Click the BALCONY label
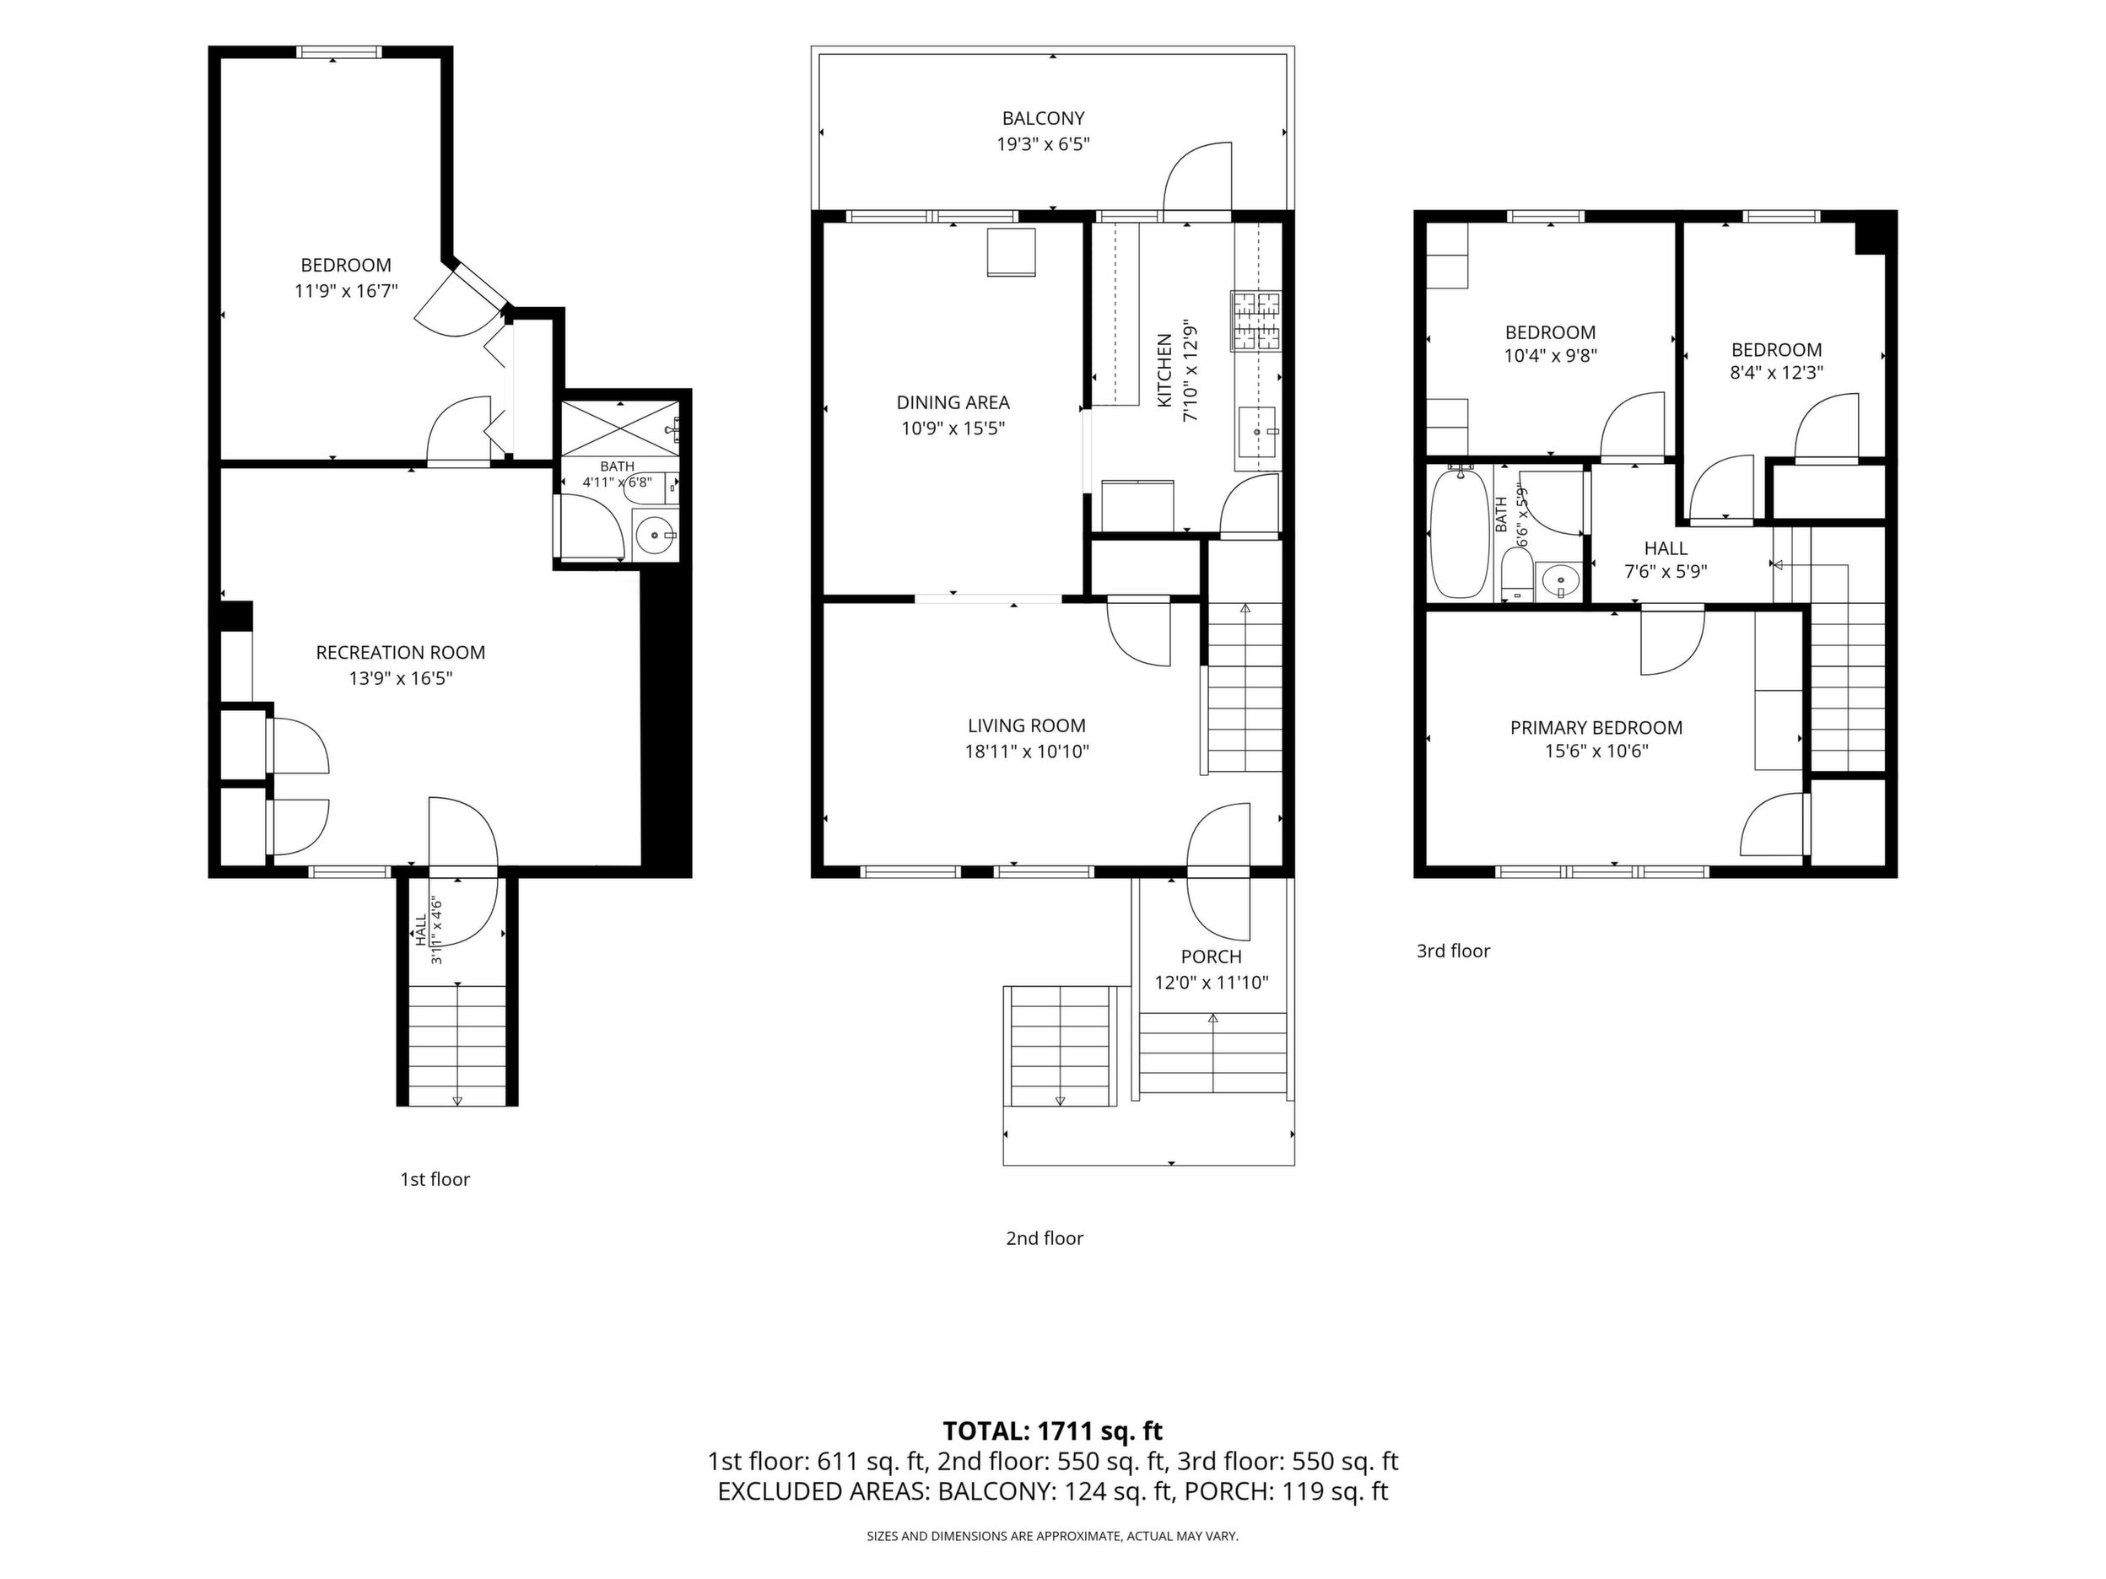1043,119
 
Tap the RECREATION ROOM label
401,653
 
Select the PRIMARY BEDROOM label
1596,728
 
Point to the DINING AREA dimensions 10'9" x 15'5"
953,428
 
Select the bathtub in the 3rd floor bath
1460,532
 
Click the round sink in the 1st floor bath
655,536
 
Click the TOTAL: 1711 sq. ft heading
1052,1431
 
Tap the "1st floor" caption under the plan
435,1179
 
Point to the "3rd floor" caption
1453,951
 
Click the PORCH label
1211,957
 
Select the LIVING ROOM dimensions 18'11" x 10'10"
1026,752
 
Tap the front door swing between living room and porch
1219,870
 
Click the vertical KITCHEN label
1164,370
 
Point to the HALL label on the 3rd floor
1666,548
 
